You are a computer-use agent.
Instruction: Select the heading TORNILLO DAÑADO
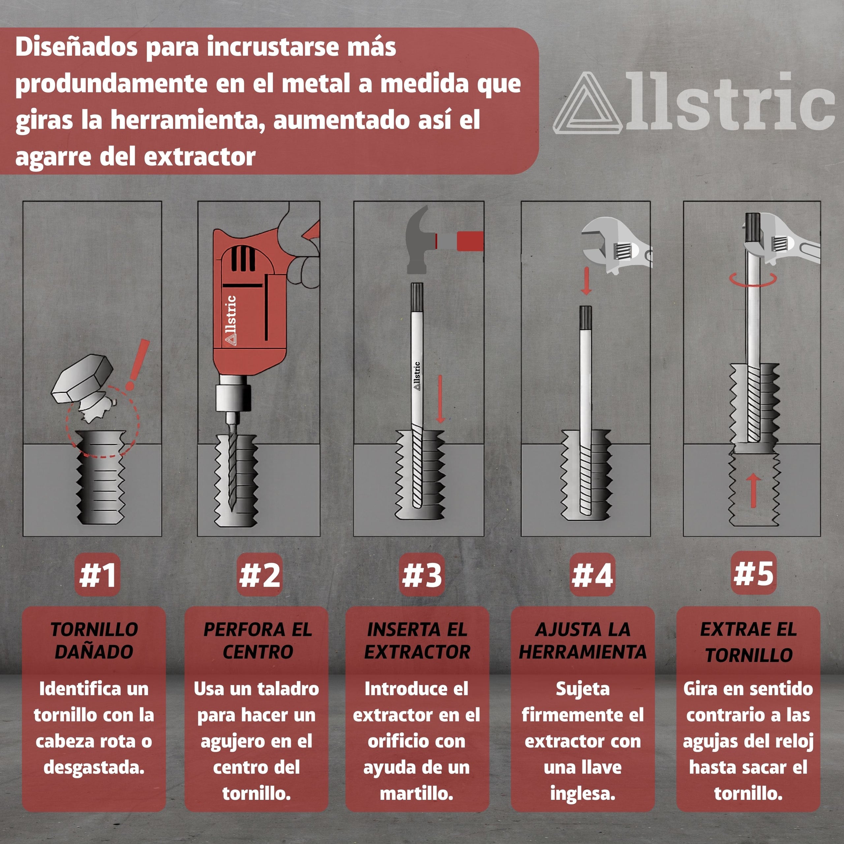tap(94, 641)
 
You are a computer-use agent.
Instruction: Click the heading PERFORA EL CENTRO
tap(258, 641)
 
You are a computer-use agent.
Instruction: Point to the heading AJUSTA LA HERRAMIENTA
tap(582, 641)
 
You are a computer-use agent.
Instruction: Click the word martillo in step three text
tap(416, 793)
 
